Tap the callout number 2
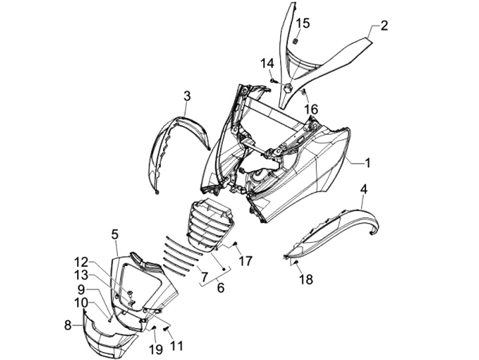coord(384,27)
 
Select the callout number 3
coord(187,96)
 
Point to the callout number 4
coord(363,189)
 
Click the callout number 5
coord(114,234)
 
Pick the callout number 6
coord(221,289)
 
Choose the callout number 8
coord(68,325)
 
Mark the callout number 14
coord(267,63)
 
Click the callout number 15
coord(302,24)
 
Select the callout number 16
coord(311,109)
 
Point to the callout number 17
coord(245,261)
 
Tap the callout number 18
coord(305,279)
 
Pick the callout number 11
coord(176,345)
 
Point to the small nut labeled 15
coord(294,41)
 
